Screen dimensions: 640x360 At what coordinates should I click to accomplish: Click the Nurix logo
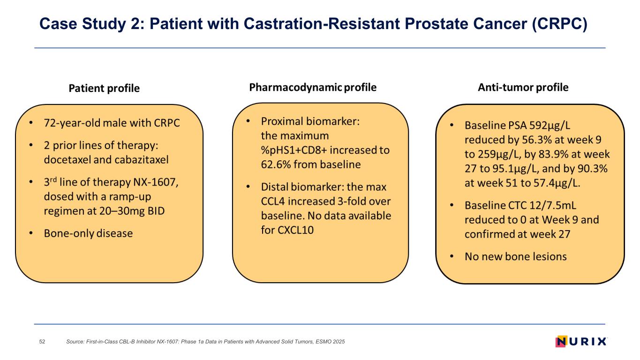click(581, 341)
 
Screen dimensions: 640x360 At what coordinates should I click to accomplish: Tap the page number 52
click(42, 342)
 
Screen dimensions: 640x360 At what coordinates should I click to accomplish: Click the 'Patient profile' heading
click(104, 88)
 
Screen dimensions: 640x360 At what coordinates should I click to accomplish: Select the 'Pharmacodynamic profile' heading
click(313, 88)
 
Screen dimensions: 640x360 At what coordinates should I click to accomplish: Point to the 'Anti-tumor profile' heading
click(523, 88)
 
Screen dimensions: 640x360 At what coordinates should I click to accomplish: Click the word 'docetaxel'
click(67, 159)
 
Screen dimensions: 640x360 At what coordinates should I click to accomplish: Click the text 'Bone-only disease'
click(88, 233)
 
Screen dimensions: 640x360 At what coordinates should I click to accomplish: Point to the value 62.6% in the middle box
click(276, 165)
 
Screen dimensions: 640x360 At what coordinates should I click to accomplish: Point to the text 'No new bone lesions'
click(516, 256)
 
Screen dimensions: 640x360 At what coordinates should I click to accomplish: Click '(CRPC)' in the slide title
click(559, 24)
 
